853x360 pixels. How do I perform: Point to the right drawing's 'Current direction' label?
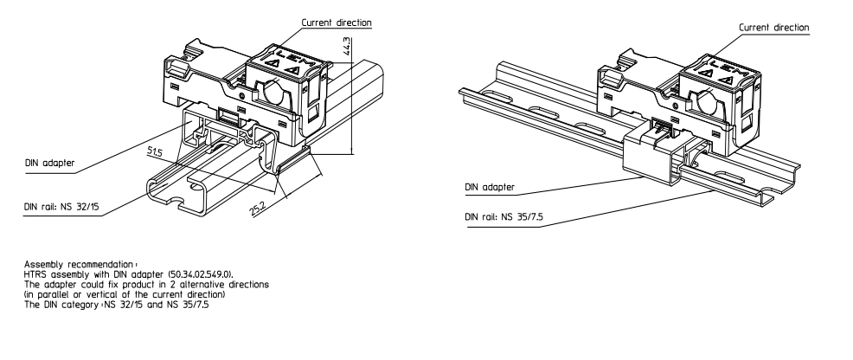point(773,28)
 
